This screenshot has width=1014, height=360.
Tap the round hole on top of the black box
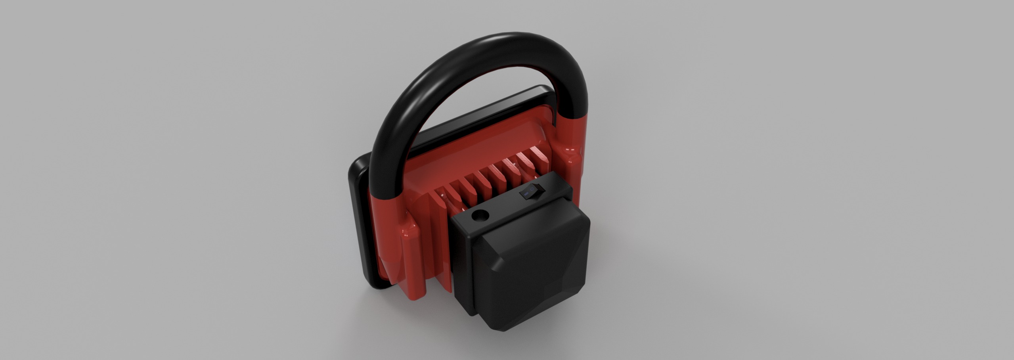coord(480,216)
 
